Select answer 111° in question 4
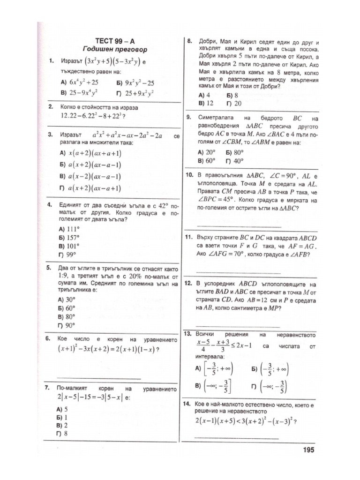pyautogui.click(x=72, y=229)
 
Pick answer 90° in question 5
pyautogui.click(x=70, y=325)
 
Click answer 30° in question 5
pyautogui.click(x=70, y=299)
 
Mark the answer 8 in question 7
pyautogui.click(x=66, y=434)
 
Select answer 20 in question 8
pyautogui.click(x=238, y=103)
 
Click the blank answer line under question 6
pyautogui.click(x=98, y=378)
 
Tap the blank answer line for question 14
pyautogui.click(x=237, y=438)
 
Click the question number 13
pyautogui.click(x=188, y=334)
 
